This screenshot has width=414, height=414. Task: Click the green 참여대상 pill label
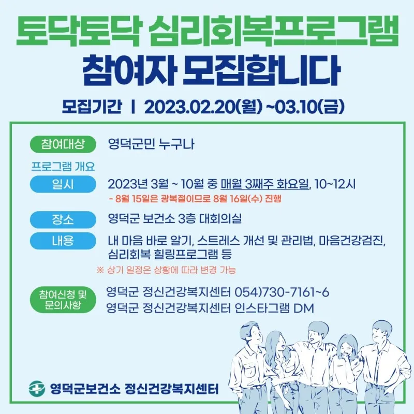point(63,144)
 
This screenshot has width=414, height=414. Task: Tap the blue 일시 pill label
point(63,184)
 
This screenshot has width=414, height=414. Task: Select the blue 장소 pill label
point(63,219)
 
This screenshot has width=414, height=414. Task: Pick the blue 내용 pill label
point(63,241)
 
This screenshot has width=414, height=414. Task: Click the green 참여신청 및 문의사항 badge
point(63,300)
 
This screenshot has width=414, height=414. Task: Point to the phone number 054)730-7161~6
point(282,292)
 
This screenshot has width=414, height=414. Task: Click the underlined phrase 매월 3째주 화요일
point(264,184)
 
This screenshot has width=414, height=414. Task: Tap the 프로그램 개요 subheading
point(63,166)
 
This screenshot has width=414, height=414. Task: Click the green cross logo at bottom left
point(37,389)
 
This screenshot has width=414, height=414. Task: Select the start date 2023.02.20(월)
point(203,107)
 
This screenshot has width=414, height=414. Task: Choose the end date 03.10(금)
point(309,107)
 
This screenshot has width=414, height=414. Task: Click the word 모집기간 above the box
point(92,107)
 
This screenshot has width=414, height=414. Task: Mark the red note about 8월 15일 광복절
point(195,198)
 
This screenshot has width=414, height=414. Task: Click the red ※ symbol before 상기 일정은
point(100,270)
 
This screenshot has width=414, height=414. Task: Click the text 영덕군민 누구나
point(151,144)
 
